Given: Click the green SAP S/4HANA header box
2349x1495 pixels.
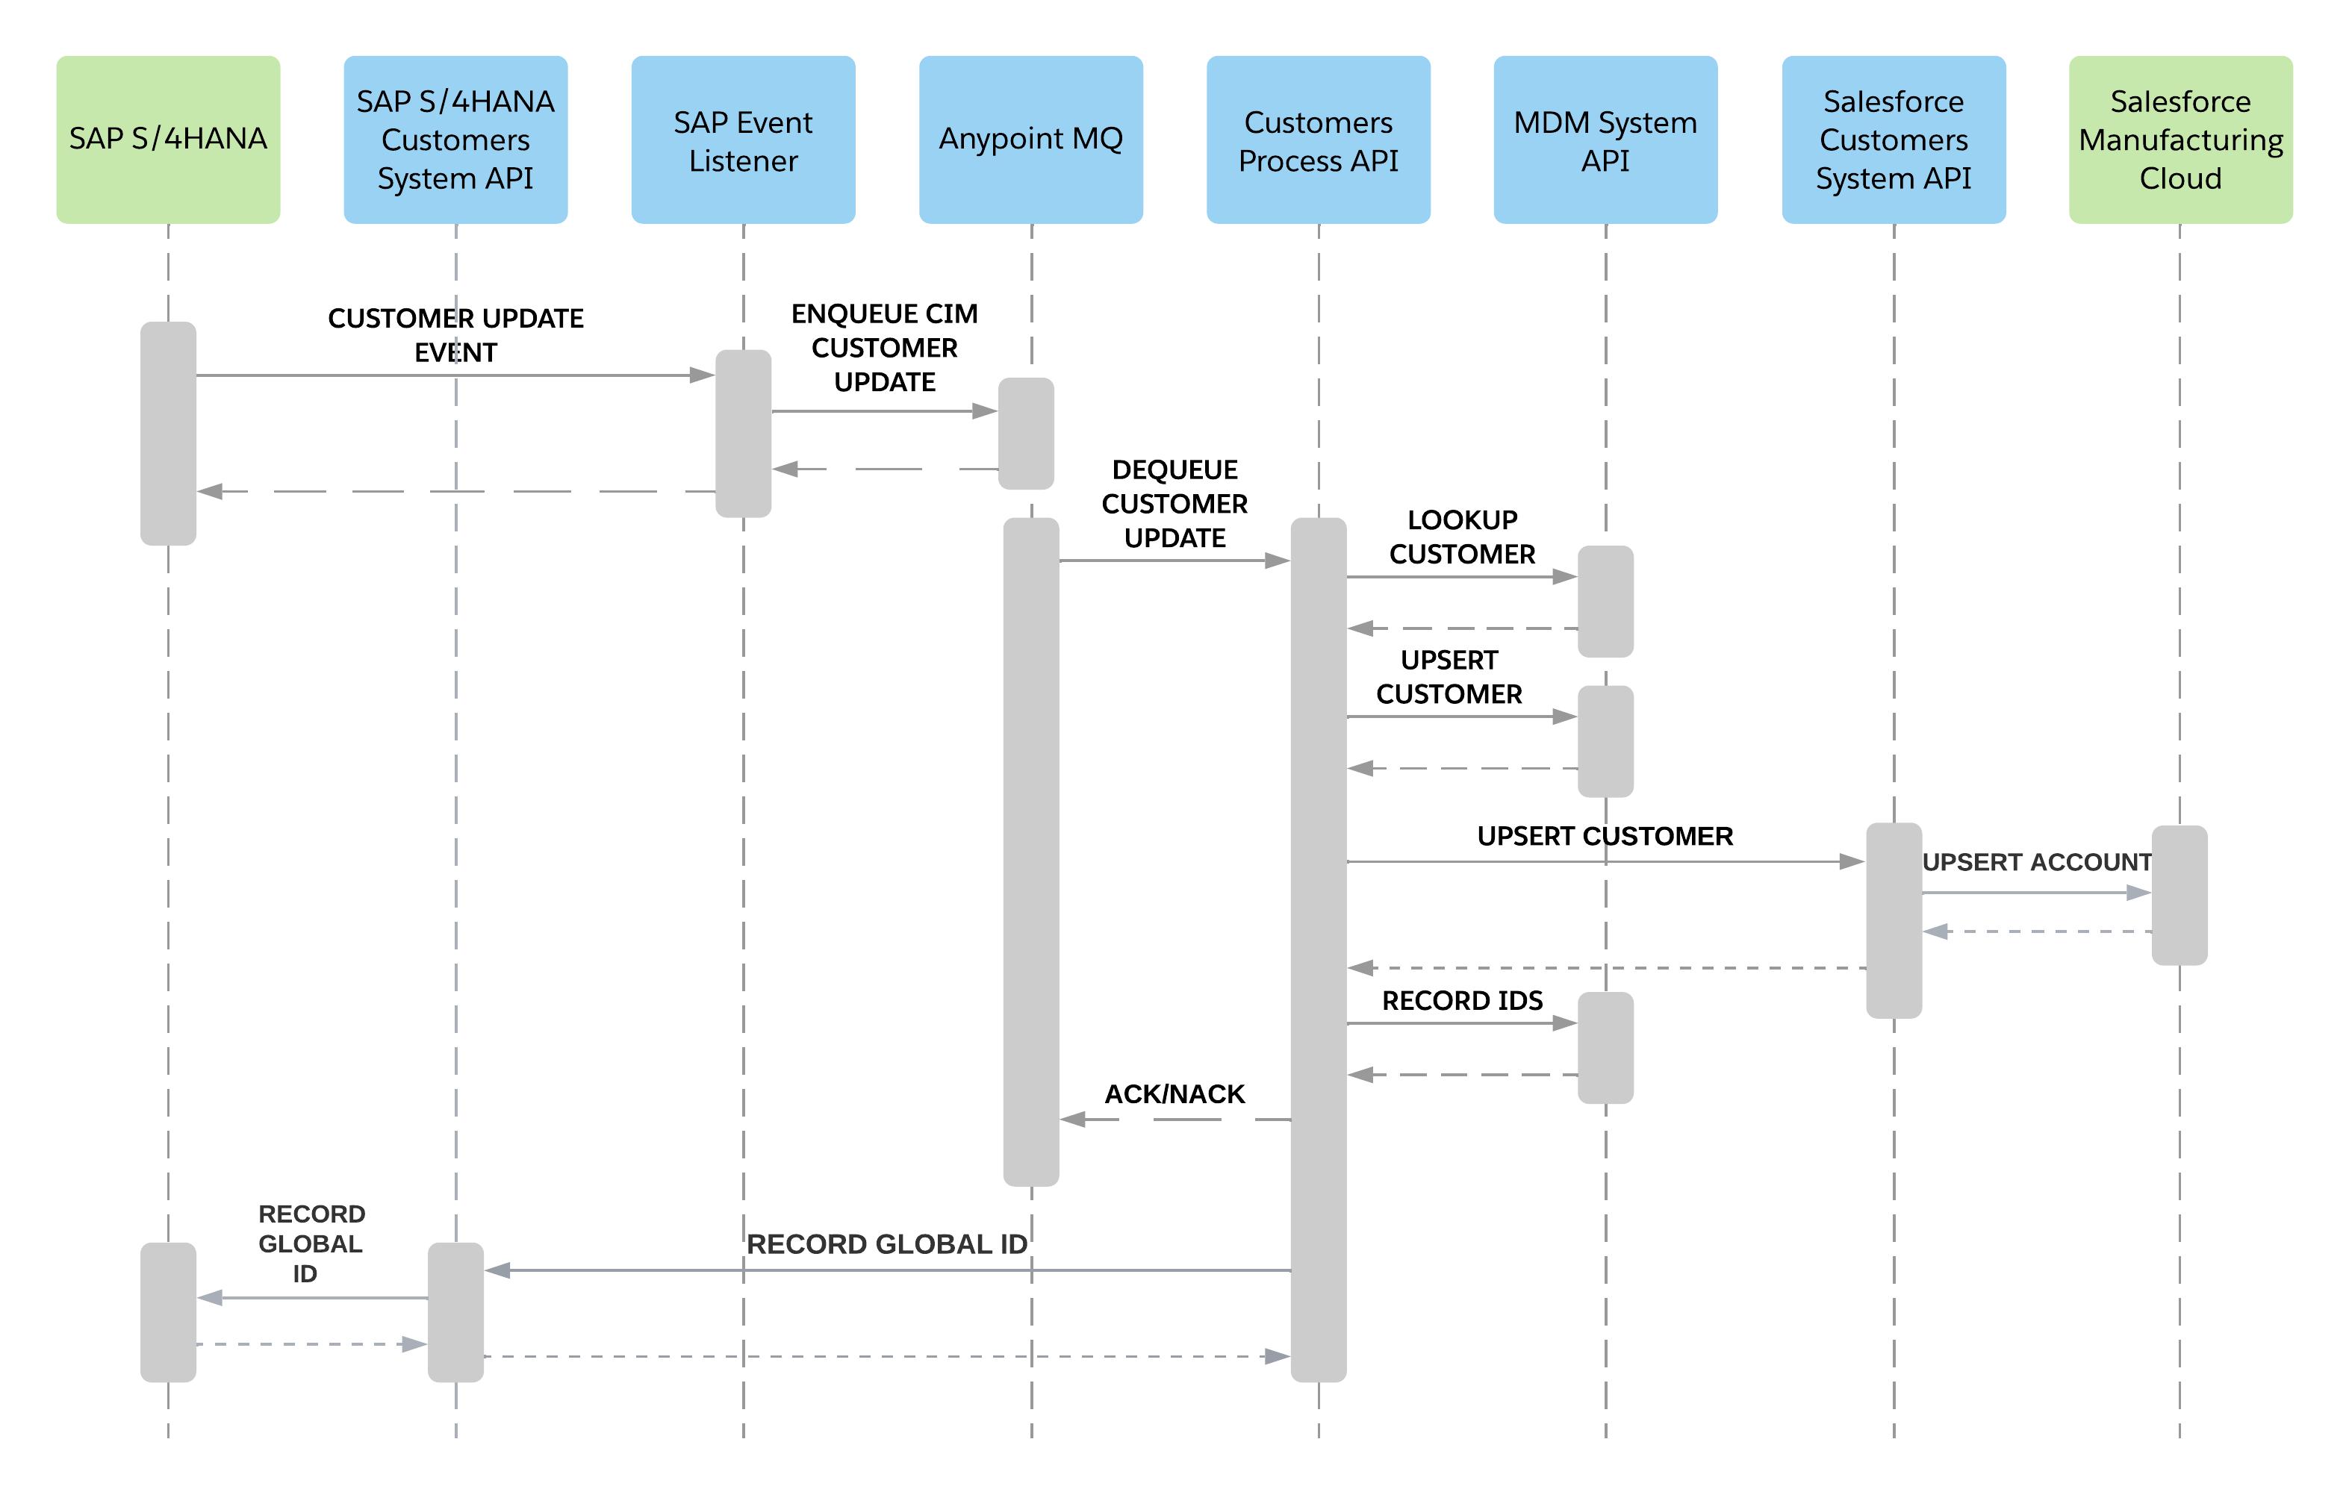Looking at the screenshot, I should (168, 140).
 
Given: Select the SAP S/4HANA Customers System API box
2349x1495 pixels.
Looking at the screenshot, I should (455, 140).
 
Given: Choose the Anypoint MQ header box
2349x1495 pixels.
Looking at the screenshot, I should (1030, 140).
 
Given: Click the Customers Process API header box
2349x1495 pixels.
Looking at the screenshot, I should (1318, 140).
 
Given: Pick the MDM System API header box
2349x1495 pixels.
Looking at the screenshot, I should (1605, 140).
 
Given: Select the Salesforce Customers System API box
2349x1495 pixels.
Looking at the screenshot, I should (1894, 140).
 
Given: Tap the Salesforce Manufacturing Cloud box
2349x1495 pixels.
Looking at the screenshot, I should (2180, 140).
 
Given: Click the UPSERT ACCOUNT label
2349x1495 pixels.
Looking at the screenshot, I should (2037, 862).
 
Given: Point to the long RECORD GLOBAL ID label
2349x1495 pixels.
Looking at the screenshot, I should (887, 1244).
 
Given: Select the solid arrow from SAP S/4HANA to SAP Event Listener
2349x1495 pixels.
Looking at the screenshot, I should (455, 375).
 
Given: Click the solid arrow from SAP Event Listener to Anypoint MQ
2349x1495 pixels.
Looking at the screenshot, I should (884, 411).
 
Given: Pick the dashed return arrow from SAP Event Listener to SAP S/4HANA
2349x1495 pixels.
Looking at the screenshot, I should (455, 492).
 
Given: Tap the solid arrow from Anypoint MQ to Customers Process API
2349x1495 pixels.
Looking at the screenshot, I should (1174, 561).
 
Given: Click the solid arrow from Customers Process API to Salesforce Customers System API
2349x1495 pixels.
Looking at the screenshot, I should (1605, 862).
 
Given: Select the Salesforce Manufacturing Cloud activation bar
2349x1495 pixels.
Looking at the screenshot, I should (2180, 895).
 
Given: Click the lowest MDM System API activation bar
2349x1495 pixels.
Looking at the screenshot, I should (1605, 1049).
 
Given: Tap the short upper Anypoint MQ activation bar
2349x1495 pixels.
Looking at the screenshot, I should (1025, 433).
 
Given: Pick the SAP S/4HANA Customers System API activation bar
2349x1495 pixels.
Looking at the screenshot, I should (455, 1311).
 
